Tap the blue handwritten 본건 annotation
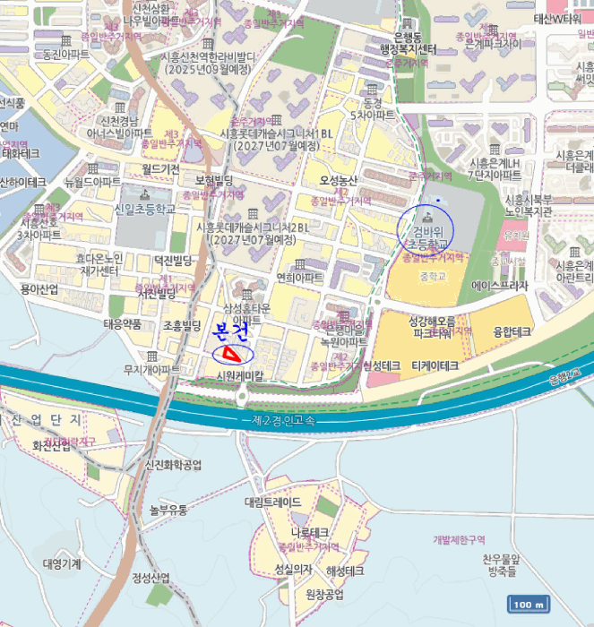pos(229,331)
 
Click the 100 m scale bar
pos(528,605)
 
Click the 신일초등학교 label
pos(144,208)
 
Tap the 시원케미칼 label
pos(241,376)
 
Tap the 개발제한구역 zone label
pos(458,540)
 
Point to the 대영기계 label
pos(62,564)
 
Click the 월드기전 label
pos(160,167)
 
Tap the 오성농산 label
pos(339,180)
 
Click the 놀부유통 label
pos(168,510)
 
